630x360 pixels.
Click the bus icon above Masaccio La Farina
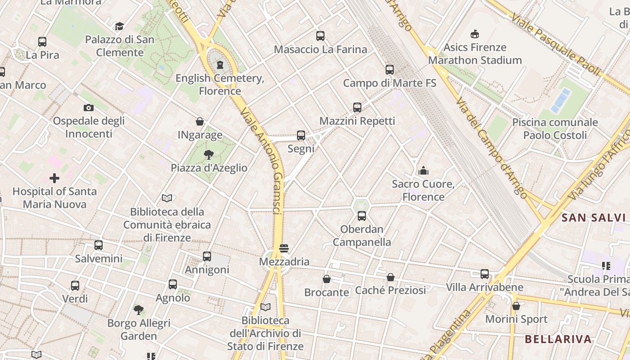pyautogui.click(x=320, y=36)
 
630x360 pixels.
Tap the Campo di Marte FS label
pyautogui.click(x=390, y=83)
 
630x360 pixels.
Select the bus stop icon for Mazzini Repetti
pyautogui.click(x=357, y=108)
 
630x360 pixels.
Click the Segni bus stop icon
pyautogui.click(x=301, y=135)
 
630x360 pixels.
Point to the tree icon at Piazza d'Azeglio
pyautogui.click(x=208, y=155)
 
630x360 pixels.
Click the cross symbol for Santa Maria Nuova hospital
pyautogui.click(x=54, y=178)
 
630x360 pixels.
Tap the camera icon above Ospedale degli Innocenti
pyautogui.click(x=89, y=108)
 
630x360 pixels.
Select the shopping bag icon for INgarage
pyautogui.click(x=200, y=121)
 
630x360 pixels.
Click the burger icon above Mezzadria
pyautogui.click(x=283, y=248)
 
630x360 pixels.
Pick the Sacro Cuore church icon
pyautogui.click(x=423, y=171)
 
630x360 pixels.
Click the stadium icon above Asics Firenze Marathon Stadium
pyautogui.click(x=474, y=34)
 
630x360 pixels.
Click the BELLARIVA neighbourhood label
pyautogui.click(x=558, y=339)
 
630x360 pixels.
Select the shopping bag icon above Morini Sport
pyautogui.click(x=516, y=306)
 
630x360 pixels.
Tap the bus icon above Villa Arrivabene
pyautogui.click(x=485, y=274)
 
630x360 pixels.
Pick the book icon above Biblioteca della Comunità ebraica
pyautogui.click(x=167, y=198)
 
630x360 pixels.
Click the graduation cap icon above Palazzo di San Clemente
pyautogui.click(x=119, y=26)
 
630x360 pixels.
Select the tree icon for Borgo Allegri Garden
pyautogui.click(x=139, y=310)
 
